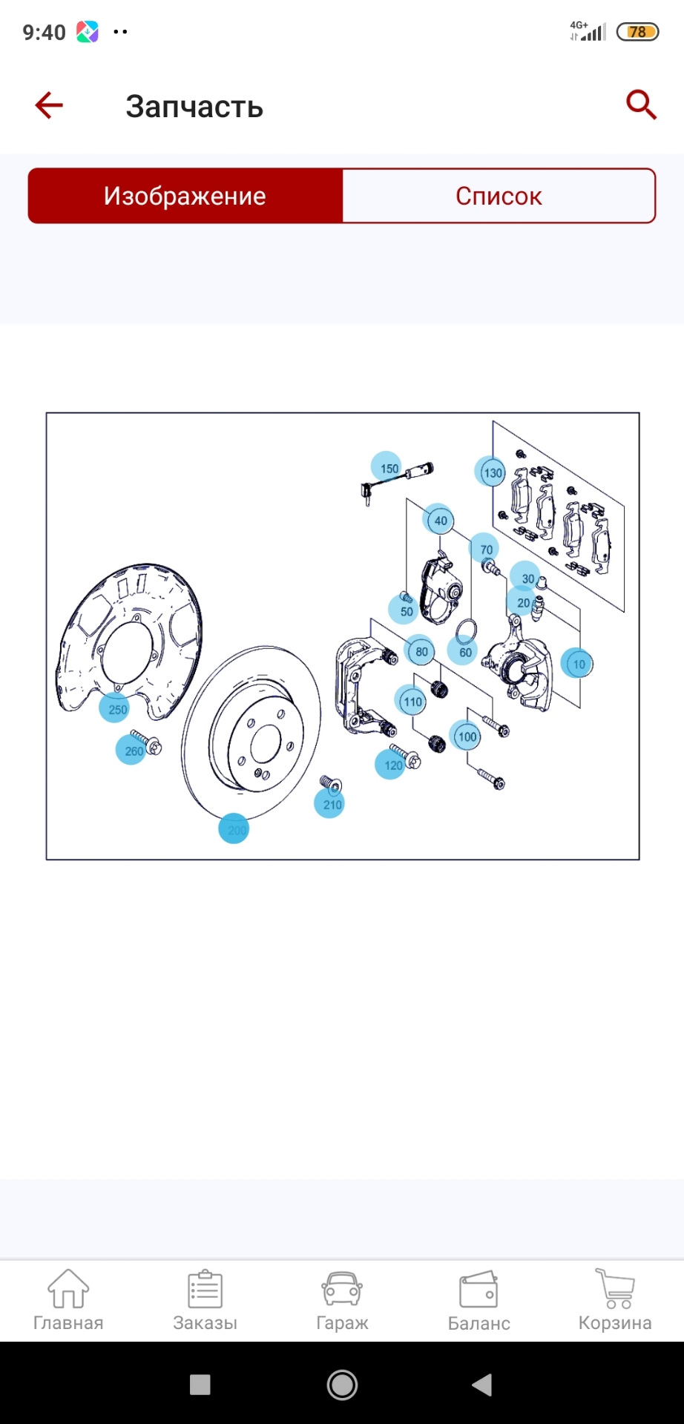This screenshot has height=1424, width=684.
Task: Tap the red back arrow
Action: (x=49, y=105)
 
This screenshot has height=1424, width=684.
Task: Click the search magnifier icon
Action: (x=641, y=105)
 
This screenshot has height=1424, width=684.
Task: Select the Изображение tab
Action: (x=185, y=196)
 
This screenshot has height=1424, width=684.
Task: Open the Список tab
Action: (x=499, y=196)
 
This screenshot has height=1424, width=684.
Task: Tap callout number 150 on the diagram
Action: (x=387, y=467)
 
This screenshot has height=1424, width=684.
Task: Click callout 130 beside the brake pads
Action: (x=490, y=472)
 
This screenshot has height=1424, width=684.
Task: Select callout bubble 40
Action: (x=439, y=520)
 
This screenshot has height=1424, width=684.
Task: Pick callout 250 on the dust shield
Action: (x=115, y=708)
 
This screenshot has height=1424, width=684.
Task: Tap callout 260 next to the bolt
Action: (x=131, y=750)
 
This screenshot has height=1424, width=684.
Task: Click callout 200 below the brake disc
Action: (x=234, y=829)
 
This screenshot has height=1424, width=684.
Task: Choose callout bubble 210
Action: (x=330, y=803)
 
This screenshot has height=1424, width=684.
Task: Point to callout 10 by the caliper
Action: (x=577, y=664)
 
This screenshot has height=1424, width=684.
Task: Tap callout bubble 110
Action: (x=412, y=701)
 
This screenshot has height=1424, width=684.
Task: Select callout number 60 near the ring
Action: (x=464, y=651)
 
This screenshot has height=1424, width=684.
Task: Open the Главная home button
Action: (x=68, y=1301)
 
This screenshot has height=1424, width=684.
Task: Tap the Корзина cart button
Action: (x=615, y=1301)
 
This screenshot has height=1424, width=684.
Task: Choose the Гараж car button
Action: (x=342, y=1301)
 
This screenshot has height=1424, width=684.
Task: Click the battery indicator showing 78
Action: (x=638, y=32)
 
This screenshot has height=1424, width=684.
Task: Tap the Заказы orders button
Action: (x=205, y=1301)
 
